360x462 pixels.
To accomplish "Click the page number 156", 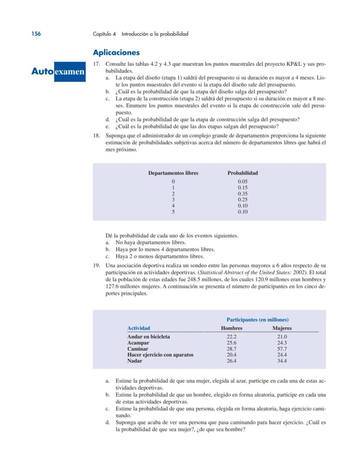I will [36, 33].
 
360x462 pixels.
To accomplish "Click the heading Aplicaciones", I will [116, 53].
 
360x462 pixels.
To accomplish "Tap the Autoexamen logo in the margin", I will [58, 71].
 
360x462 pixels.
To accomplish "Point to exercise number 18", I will [97, 135].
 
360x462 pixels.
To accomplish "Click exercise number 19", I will [97, 265].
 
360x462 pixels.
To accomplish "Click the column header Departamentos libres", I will [173, 173].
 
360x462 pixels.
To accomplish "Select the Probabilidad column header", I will [243, 173].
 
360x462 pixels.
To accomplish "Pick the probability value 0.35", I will [243, 194].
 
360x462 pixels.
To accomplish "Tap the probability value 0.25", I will [243, 200].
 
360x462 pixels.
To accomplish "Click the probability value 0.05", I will [243, 181].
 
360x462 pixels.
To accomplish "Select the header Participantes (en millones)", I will [257, 319].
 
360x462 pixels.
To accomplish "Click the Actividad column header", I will [138, 328].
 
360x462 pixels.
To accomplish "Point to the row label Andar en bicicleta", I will [148, 337].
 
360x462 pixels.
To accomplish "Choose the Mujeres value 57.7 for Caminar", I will [282, 349].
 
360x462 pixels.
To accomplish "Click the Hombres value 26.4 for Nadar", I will [231, 361].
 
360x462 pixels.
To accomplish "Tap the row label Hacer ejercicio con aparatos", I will [160, 355].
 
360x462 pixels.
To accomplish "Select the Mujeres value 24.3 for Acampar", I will [282, 343].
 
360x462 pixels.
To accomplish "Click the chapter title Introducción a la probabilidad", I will [155, 33].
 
